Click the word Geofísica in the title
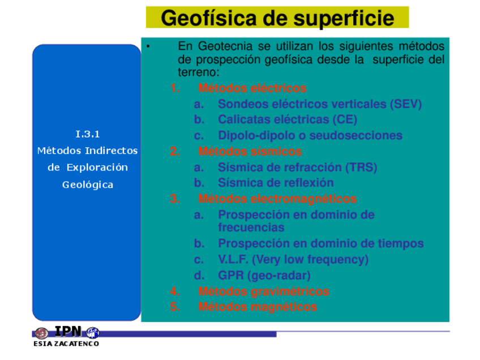tap(209, 18)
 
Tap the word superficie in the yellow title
tap(344, 18)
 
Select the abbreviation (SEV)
tap(406, 104)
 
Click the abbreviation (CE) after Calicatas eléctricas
tap(345, 119)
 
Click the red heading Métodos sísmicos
tap(250, 152)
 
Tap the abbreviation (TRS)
tap(361, 167)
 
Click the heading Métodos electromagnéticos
tap(277, 199)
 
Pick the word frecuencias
tap(251, 228)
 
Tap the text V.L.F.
tap(233, 259)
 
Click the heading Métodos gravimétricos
tap(264, 291)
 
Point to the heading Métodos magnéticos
tap(258, 307)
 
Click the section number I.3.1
tap(88, 134)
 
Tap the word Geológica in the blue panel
tap(88, 185)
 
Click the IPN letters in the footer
tap(68, 331)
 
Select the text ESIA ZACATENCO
tap(66, 344)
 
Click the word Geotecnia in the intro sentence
tap(225, 46)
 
